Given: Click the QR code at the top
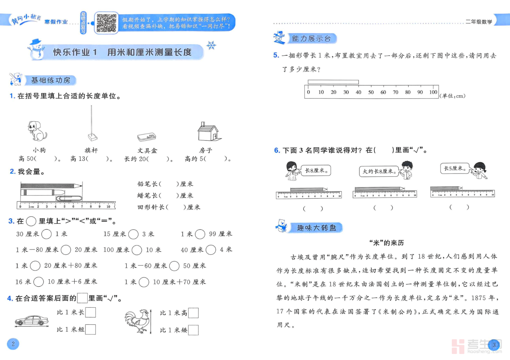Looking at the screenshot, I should (x=106, y=23).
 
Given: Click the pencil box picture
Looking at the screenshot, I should (x=147, y=137).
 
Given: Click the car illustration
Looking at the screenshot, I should (x=32, y=321).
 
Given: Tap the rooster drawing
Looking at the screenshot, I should (x=137, y=321).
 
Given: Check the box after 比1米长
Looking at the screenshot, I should (x=91, y=312).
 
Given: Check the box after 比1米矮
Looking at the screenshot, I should (x=193, y=330).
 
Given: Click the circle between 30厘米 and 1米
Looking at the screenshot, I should (x=47, y=234).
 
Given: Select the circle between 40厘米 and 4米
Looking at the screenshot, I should (x=211, y=250).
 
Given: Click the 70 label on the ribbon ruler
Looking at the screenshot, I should (x=395, y=92).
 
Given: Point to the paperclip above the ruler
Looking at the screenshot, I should (x=69, y=198).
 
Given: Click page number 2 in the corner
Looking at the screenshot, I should (x=13, y=344).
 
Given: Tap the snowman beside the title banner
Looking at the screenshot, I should (x=36, y=50).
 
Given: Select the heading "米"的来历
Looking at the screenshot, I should (x=386, y=243).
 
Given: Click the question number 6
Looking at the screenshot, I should (x=277, y=150).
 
